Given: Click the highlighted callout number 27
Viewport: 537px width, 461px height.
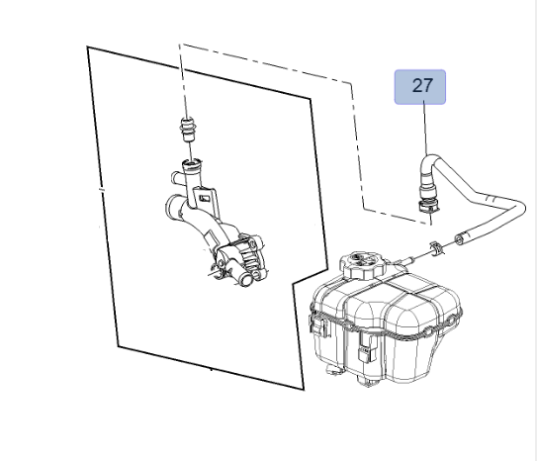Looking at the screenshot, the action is pyautogui.click(x=420, y=87).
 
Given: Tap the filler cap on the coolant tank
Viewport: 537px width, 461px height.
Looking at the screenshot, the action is pyautogui.click(x=363, y=263).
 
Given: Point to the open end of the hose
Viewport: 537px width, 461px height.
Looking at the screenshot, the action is pyautogui.click(x=459, y=238).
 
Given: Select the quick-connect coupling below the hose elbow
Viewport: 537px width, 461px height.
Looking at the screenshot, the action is pyautogui.click(x=428, y=203).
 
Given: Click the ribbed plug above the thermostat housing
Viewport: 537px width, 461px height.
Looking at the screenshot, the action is pyautogui.click(x=187, y=129).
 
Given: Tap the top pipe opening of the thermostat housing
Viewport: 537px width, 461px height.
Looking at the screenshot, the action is pyautogui.click(x=192, y=162).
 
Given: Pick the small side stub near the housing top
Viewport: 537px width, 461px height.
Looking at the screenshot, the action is pyautogui.click(x=176, y=178).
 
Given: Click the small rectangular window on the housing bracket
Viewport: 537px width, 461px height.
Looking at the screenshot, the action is pyautogui.click(x=206, y=198).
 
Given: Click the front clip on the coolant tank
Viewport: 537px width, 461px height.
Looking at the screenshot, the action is pyautogui.click(x=367, y=348).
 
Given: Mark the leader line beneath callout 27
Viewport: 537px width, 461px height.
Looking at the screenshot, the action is pyautogui.click(x=425, y=130).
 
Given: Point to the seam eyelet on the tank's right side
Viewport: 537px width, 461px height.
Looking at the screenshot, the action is pyautogui.click(x=452, y=320).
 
